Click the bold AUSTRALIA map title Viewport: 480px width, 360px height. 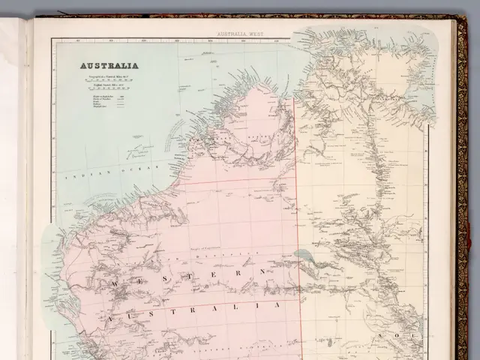pos(109,65)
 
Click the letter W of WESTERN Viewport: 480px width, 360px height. pos(115,285)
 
